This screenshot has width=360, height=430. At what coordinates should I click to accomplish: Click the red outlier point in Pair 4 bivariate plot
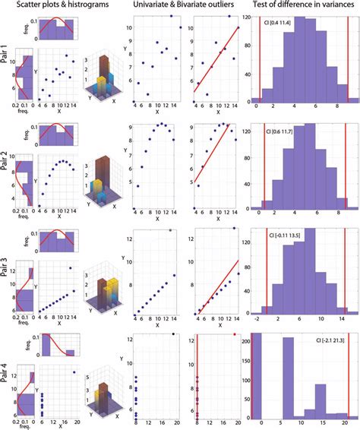pyautogui.click(x=235, y=334)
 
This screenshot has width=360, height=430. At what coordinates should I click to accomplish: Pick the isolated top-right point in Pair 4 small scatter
pyautogui.click(x=74, y=372)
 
